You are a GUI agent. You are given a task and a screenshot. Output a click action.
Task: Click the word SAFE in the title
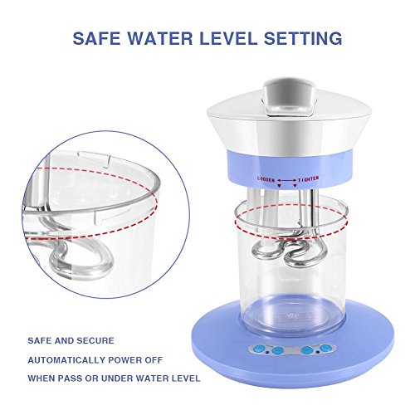97,38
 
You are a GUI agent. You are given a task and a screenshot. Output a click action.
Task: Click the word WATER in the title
161,38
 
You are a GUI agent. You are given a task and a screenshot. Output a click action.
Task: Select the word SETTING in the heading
303,38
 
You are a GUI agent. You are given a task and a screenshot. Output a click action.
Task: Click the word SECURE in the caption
95,340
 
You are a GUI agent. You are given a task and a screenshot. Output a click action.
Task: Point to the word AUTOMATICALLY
66,360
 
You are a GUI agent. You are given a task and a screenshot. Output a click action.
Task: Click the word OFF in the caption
154,360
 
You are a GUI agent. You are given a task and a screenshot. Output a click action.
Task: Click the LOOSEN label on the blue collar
266,179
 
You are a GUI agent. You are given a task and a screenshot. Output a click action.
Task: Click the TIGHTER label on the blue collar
308,179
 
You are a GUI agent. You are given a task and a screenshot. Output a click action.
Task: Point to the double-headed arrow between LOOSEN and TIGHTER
286,181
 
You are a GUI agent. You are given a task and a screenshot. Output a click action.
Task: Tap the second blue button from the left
277,351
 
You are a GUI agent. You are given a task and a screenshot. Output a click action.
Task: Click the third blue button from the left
306,350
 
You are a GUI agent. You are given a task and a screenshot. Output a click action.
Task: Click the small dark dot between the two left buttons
267,352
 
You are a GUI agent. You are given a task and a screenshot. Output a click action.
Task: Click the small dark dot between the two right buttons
317,352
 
